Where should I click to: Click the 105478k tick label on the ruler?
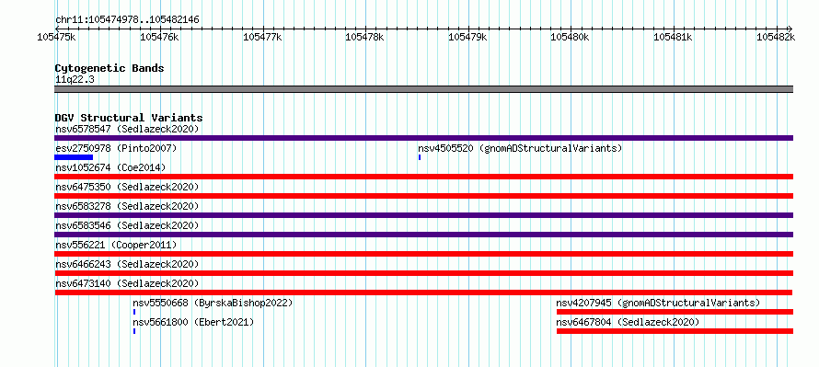coord(364,37)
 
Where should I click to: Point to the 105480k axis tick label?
coord(570,37)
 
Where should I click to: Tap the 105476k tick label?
coord(159,37)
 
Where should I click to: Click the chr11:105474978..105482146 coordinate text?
coord(127,20)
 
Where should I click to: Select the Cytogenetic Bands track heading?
coord(110,68)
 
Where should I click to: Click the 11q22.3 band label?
coord(75,80)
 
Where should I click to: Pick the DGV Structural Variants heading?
coord(129,118)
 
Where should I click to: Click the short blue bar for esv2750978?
coord(74,157)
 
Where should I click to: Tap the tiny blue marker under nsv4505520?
coord(420,157)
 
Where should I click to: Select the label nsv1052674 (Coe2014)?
coord(110,167)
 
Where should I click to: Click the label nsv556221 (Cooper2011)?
coord(116,245)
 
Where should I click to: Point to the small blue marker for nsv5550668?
coord(134,312)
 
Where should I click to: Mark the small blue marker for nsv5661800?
coord(134,331)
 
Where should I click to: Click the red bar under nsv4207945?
coord(675,312)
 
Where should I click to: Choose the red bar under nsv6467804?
coord(675,331)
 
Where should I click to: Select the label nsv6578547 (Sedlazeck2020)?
coord(127,129)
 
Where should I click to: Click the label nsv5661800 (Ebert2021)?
coord(193,323)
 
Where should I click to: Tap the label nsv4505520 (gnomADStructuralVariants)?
coord(520,148)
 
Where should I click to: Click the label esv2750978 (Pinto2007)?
coord(116,148)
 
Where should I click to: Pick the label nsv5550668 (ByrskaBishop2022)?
coord(213,303)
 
